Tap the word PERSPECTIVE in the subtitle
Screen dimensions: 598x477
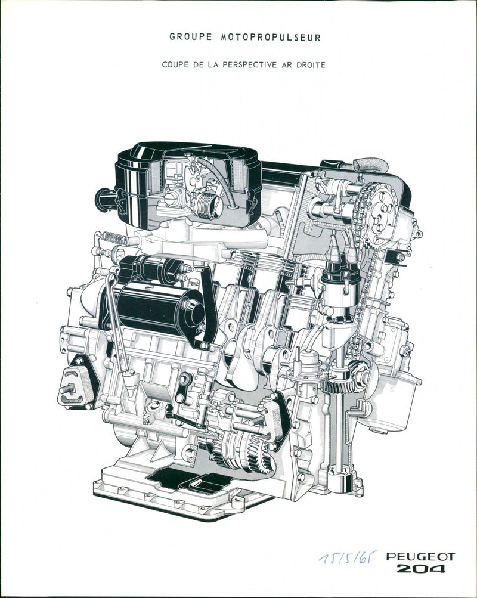[253, 65]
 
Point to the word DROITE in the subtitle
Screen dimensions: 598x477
[311, 65]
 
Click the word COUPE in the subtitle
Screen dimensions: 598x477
[175, 65]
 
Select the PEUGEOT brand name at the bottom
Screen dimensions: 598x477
[420, 557]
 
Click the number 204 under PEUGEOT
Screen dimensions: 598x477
[421, 569]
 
